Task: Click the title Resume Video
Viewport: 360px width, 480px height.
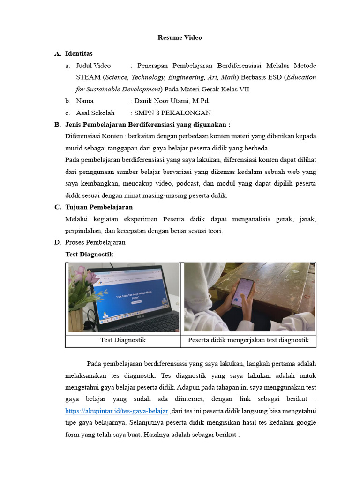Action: point(180,37)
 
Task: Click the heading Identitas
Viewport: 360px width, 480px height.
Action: point(79,54)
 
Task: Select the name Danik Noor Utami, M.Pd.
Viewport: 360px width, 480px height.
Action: point(172,101)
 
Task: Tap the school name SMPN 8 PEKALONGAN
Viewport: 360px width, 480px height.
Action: point(172,112)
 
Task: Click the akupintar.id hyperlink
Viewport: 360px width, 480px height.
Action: point(116,411)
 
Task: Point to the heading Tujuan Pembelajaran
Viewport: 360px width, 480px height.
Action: point(99,207)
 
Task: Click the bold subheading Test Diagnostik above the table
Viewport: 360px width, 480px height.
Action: point(89,254)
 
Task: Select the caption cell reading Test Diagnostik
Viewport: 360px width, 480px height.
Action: point(123,340)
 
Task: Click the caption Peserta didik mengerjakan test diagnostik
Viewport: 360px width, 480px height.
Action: point(248,340)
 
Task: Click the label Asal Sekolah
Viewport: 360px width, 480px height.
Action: point(95,112)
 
